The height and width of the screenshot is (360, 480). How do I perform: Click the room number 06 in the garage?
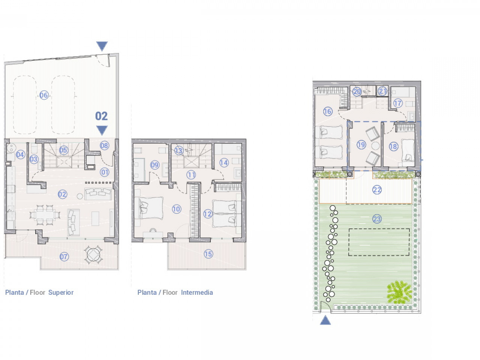coord(44,95)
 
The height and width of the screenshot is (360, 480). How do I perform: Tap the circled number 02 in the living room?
coord(62,194)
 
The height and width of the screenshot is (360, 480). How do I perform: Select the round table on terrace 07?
coord(93,255)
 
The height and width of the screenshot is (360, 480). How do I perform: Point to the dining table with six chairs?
coord(45,215)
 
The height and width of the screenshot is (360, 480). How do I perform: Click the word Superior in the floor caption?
coord(61,292)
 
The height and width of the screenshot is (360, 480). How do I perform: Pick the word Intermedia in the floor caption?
coord(197,292)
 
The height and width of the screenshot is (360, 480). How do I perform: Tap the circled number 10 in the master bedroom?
coord(177,209)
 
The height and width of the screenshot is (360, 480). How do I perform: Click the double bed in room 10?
coord(149,208)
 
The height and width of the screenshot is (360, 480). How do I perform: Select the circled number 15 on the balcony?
coord(208,254)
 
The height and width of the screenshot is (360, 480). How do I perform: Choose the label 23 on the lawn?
coord(377,219)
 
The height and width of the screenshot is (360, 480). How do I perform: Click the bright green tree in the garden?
coord(399,292)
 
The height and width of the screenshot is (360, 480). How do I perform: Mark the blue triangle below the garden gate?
coord(325,320)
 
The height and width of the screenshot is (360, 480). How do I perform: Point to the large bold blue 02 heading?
coord(102,116)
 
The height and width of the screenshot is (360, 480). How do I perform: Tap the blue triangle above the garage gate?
coord(102,46)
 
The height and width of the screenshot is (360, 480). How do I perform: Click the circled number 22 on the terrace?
coord(377,190)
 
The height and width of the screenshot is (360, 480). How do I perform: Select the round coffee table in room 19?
coord(376,145)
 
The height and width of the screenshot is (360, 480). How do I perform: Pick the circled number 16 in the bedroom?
coord(328,111)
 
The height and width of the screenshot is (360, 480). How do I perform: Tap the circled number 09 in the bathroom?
coord(154,165)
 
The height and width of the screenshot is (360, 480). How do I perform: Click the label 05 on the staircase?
coord(63,150)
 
